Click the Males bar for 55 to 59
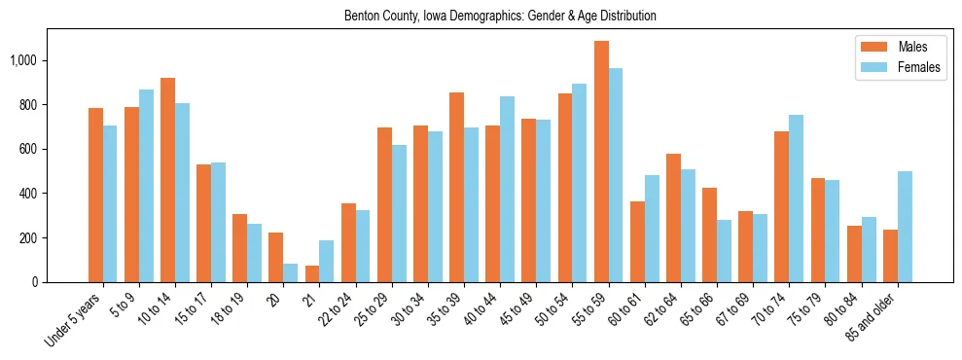tap(601, 162)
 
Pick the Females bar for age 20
tap(290, 272)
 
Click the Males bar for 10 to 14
tap(167, 180)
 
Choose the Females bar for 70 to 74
tap(797, 198)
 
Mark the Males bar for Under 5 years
tap(95, 195)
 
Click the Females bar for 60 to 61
tap(652, 229)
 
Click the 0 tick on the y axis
tap(34, 282)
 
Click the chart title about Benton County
tap(500, 17)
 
